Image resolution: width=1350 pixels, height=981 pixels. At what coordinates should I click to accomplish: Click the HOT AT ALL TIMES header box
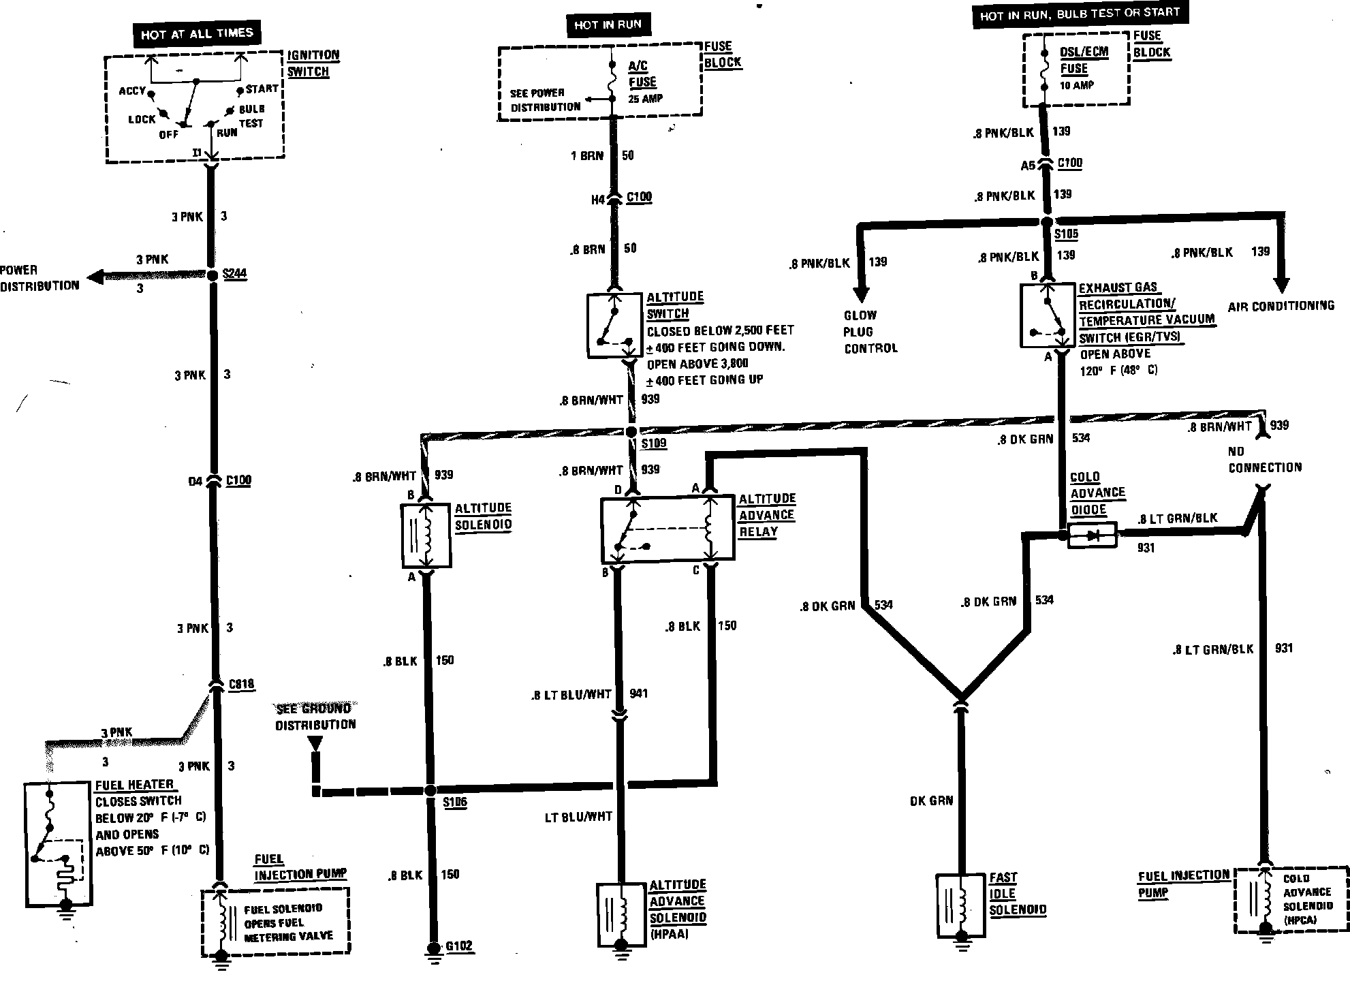197,33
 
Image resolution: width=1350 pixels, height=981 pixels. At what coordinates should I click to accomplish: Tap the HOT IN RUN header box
607,25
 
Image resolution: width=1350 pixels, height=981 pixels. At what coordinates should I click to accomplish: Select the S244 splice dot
212,275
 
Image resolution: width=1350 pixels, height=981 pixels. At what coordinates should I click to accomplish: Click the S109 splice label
654,443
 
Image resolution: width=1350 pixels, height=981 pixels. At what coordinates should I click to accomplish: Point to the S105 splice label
1066,234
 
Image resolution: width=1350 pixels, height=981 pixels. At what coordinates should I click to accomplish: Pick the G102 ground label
458,946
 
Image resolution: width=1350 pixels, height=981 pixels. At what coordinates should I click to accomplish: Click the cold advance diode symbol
1093,535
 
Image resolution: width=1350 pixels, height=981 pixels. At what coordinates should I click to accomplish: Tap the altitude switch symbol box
614,326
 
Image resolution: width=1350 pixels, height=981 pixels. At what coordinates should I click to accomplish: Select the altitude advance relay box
667,529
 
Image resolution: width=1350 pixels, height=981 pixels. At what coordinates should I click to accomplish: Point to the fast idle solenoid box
961,904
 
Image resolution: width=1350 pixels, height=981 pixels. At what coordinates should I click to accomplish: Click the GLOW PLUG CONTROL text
870,332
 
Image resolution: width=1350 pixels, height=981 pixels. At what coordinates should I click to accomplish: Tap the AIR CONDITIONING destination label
1281,306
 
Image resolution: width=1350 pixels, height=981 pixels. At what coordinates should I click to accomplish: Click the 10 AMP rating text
1076,85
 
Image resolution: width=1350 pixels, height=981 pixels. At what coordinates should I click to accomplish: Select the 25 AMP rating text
644,99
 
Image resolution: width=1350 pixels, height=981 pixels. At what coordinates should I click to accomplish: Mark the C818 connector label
242,683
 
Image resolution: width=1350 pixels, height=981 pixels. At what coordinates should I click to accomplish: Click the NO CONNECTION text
1265,459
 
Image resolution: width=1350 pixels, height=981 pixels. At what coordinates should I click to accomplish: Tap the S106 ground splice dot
430,791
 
